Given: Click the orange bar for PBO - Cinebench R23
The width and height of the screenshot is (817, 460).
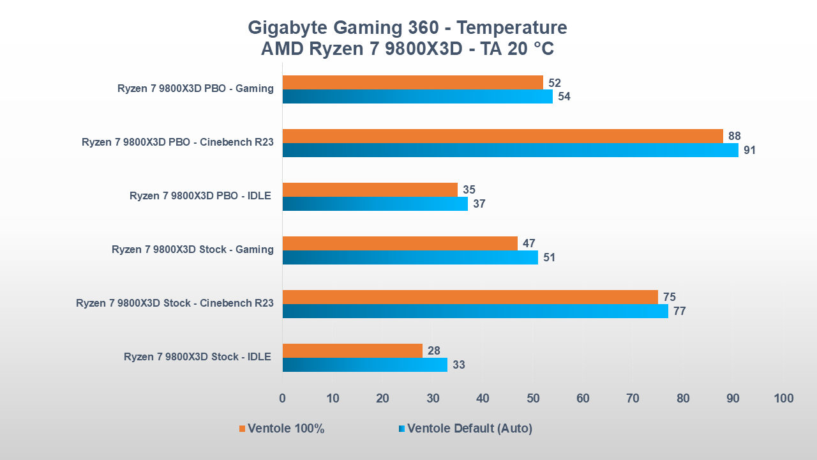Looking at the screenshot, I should click(502, 136).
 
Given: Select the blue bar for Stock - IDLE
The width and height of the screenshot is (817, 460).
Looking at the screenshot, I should click(364, 365).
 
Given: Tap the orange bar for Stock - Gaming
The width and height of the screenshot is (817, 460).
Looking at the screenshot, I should click(400, 243).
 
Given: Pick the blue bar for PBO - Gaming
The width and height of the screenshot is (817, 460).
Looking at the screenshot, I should click(417, 96).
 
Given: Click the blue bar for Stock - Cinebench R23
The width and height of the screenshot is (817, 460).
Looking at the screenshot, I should click(475, 311).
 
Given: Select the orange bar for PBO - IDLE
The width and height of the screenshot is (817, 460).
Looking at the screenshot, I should click(370, 190).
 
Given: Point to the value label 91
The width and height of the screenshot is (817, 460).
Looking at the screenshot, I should click(749, 151).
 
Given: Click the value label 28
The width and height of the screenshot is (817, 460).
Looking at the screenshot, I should click(433, 351).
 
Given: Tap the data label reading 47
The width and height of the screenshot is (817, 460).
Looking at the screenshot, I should click(528, 243).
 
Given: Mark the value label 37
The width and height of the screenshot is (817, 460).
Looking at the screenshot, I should click(479, 204).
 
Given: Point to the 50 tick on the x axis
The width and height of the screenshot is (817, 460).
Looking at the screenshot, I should click(533, 399).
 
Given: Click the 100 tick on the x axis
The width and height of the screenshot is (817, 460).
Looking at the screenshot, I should click(783, 399).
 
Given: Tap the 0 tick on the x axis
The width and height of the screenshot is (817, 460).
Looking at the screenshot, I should click(283, 399).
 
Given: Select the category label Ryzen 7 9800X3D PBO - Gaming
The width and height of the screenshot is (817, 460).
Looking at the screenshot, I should click(195, 89).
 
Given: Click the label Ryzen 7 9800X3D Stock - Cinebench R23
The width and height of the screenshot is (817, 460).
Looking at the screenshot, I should click(174, 303).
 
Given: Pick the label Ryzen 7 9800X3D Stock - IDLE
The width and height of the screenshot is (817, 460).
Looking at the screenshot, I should click(197, 357).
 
